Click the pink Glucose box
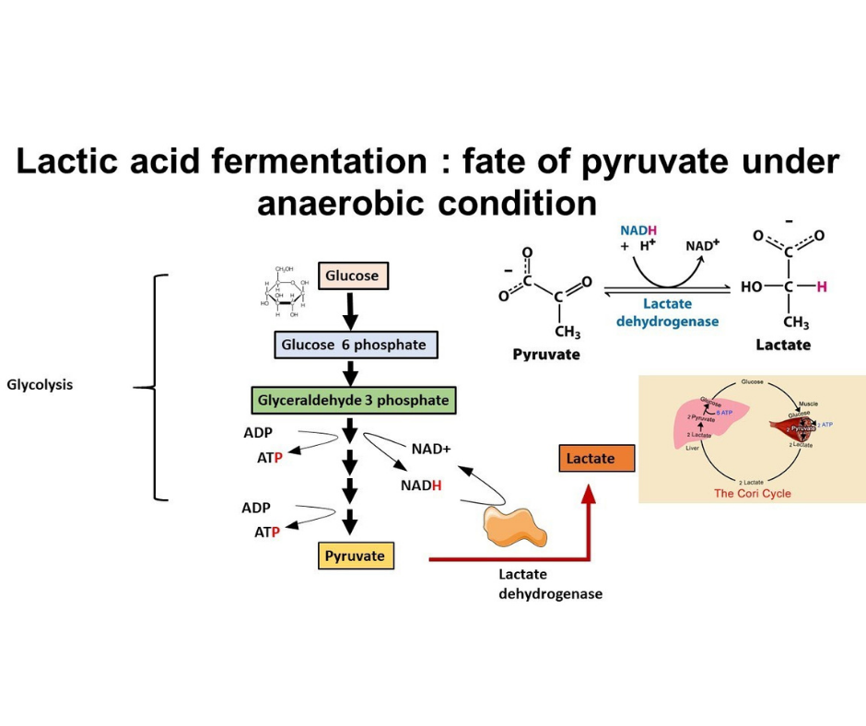pos(350,275)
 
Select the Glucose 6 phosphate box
pos(355,345)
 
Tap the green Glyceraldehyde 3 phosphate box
pos(353,401)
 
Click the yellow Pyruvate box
pos(355,556)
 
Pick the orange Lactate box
pos(596,458)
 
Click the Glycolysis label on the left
pos(40,384)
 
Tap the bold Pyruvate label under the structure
pos(545,354)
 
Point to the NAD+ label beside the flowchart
pos(431,450)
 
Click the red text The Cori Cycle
pos(752,493)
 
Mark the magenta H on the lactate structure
pos(822,287)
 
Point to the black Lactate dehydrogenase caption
pos(550,584)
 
